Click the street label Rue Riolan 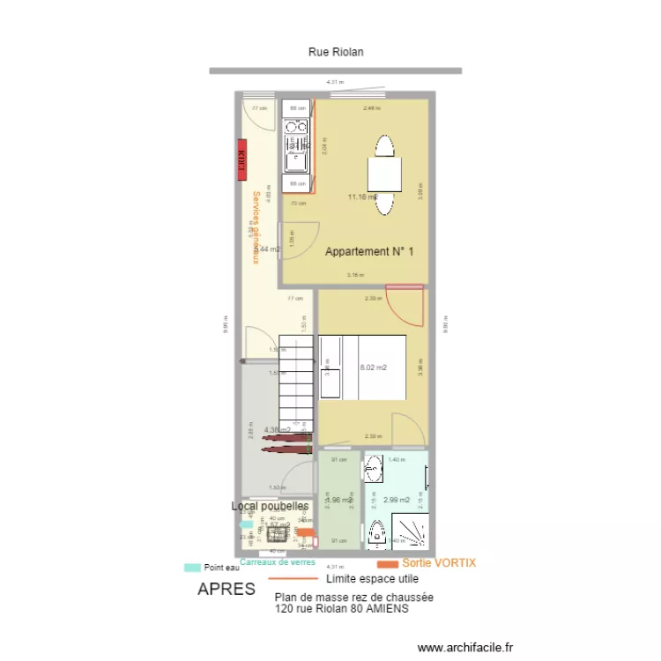tap(335, 52)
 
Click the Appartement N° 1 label tap(369, 252)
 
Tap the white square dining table tap(385, 174)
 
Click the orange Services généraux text tap(256, 227)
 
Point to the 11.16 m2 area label tap(362, 197)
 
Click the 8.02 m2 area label tap(374, 368)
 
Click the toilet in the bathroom tap(378, 534)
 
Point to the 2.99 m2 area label tap(397, 500)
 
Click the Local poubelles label tap(270, 507)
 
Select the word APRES tap(227, 589)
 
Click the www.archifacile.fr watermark tap(464, 648)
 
